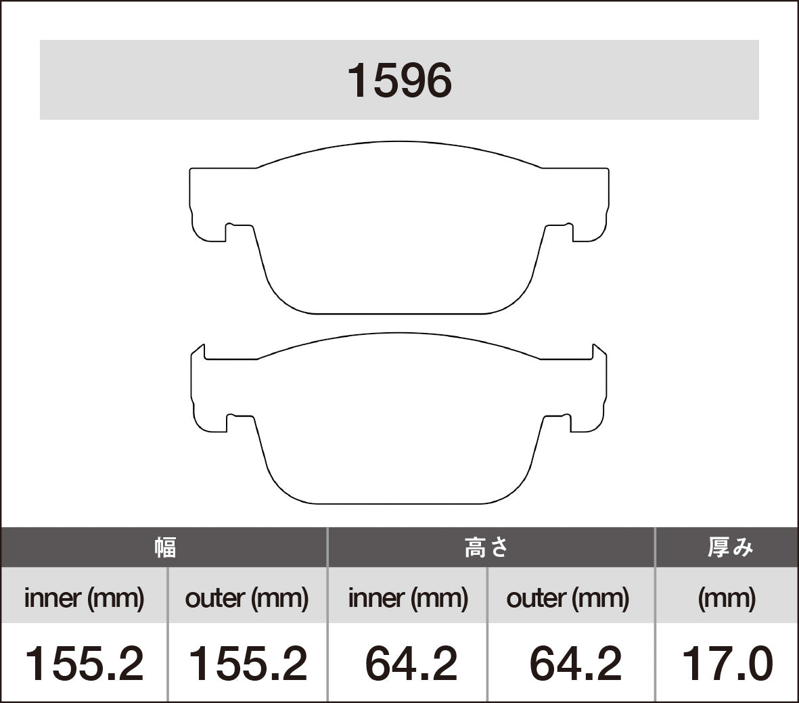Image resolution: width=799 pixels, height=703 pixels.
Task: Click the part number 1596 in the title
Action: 399,81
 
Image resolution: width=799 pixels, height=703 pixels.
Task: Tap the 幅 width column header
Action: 164,547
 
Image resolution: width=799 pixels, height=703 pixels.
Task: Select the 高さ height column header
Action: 486,547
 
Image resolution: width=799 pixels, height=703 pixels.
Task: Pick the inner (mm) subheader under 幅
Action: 85,598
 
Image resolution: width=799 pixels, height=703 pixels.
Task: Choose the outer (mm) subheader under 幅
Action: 247,598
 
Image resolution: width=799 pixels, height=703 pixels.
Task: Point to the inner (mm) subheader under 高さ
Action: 408,598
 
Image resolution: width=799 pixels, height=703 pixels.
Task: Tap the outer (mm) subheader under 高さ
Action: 568,598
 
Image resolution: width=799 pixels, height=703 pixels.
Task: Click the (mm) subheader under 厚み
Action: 727,598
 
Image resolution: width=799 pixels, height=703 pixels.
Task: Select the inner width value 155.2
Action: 85,664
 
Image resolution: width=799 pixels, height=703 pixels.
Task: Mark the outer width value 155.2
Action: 247,664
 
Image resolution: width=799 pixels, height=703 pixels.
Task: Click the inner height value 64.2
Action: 411,664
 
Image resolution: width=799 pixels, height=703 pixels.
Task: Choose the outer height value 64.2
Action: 575,664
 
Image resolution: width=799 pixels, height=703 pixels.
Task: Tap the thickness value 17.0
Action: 727,664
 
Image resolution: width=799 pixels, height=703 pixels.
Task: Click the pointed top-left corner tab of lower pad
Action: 198,351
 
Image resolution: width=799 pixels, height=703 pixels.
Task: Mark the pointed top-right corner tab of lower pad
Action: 599,351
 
